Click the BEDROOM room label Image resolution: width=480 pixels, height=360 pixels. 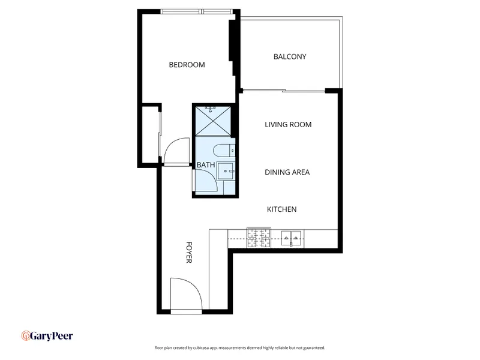pos(187,65)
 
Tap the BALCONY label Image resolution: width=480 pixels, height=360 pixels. pos(290,56)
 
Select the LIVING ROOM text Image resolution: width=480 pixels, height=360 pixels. pos(288,125)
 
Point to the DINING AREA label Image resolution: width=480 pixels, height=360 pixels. pos(287,172)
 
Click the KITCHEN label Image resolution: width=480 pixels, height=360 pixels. pos(281,209)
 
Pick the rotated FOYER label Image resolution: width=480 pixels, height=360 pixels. pos(189,252)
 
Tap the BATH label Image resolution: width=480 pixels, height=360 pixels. pos(206,165)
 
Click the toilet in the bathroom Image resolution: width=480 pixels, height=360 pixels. pos(224,151)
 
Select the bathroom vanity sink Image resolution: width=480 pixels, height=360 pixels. pos(226,171)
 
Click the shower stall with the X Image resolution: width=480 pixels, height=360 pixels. pos(213,121)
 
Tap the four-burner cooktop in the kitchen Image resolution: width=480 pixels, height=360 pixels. pos(259,238)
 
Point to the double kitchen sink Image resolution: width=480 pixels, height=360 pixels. pos(291,238)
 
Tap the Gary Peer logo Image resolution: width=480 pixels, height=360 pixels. pos(47,336)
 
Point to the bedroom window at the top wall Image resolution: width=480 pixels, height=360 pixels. pos(197,11)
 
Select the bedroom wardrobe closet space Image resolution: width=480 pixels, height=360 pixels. pos(151,135)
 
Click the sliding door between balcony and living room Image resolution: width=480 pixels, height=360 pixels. pos(284,91)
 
